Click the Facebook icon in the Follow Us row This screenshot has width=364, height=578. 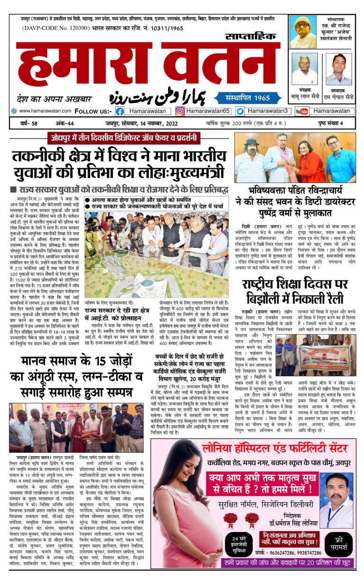pyautogui.click(x=120, y=111)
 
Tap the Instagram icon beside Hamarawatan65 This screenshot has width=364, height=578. pyautogui.click(x=180, y=111)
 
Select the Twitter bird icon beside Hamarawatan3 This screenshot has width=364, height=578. pyautogui.click(x=240, y=111)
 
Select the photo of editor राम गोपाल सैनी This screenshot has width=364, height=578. pyautogui.click(x=338, y=69)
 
